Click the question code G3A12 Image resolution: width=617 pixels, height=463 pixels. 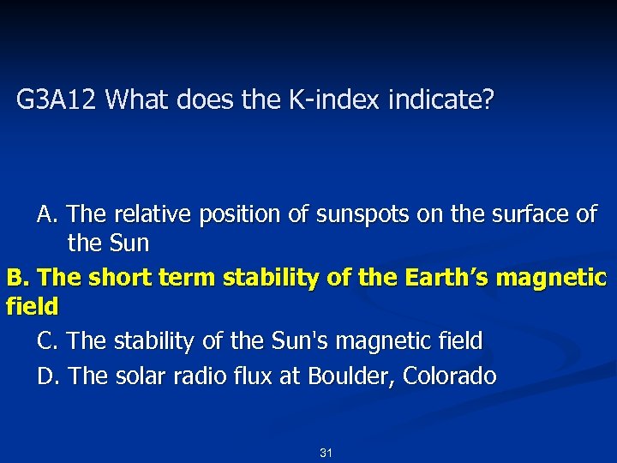[x=58, y=101]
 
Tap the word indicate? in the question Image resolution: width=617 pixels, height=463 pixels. [x=440, y=101]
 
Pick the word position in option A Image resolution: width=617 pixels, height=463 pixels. [x=239, y=214]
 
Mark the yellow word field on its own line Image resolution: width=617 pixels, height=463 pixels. [x=32, y=306]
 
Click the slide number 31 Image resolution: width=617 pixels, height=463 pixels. [x=326, y=453]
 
